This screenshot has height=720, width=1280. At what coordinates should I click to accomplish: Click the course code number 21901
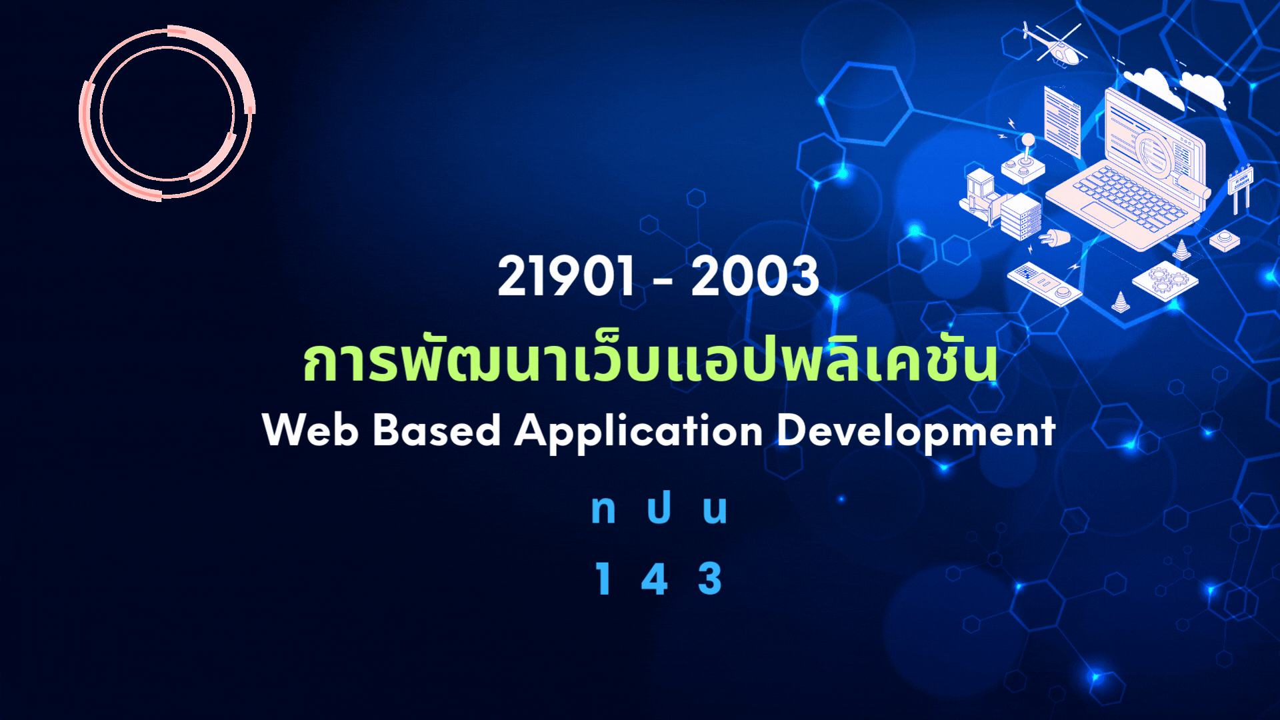click(566, 276)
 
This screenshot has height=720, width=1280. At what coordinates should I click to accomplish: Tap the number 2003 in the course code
click(754, 276)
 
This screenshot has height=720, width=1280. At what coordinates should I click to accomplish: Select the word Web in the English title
click(311, 429)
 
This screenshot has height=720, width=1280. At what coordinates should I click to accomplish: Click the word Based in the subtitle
click(437, 429)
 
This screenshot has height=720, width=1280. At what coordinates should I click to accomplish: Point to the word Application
click(639, 432)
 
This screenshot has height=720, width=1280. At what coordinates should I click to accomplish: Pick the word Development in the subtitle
click(917, 432)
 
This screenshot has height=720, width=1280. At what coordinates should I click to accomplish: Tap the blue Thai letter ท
click(603, 510)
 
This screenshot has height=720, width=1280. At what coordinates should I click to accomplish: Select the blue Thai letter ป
click(659, 508)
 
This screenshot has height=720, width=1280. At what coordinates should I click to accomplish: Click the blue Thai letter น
click(715, 510)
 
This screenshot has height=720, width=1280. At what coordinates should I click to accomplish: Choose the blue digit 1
click(603, 578)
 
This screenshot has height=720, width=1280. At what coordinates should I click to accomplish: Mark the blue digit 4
click(655, 578)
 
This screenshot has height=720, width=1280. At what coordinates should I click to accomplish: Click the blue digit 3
click(710, 578)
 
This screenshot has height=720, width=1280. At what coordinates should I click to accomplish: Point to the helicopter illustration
click(1053, 44)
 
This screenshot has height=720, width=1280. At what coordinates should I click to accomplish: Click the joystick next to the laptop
click(1024, 161)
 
